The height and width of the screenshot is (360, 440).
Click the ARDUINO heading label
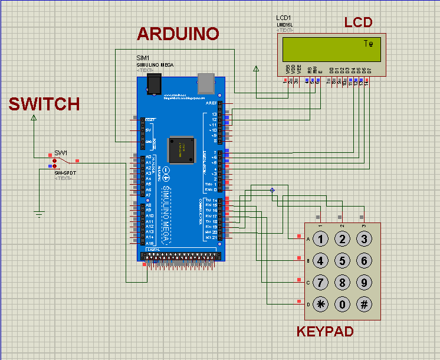coord(178,34)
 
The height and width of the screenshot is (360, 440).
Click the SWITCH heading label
coord(44,104)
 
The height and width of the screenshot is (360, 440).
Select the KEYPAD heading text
coord(325,332)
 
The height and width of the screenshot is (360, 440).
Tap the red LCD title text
coord(359,22)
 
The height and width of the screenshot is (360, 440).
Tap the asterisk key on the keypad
coord(320,305)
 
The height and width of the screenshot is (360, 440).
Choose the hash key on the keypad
coord(365,305)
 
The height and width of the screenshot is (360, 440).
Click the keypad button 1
coord(320,239)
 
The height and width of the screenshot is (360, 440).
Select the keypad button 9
coord(365,283)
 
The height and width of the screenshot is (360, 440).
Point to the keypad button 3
coord(365,239)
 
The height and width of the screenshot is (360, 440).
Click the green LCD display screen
coord(332,48)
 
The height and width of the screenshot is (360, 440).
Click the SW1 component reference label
coord(61,152)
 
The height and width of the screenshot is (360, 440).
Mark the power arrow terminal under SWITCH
coord(34,117)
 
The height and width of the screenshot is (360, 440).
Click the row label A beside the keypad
coord(307,239)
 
